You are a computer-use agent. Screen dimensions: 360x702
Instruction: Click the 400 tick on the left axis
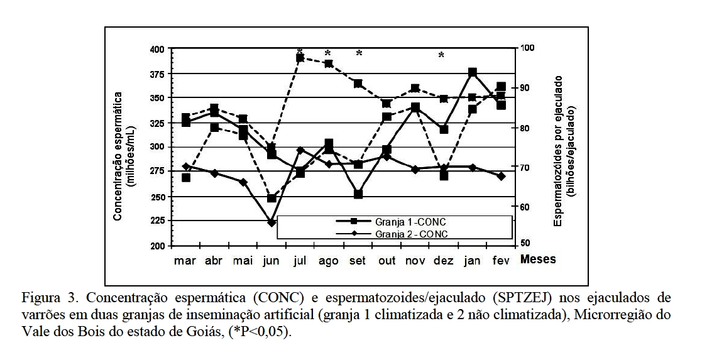[x=157, y=49]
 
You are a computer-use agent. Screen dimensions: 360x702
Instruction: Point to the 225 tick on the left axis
[x=157, y=221]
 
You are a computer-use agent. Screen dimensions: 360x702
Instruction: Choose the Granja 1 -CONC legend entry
[x=411, y=222]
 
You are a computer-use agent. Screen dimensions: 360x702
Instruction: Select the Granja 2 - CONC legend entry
[x=412, y=234]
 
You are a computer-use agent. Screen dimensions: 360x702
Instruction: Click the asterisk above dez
[x=441, y=56]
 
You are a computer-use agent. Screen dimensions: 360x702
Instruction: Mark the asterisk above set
[x=359, y=54]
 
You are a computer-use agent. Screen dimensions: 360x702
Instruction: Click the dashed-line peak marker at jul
[x=300, y=58]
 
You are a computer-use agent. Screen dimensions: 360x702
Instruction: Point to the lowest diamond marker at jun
[x=271, y=222]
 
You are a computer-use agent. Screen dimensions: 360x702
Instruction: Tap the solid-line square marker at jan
[x=473, y=73]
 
